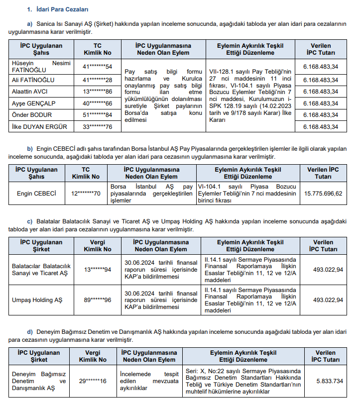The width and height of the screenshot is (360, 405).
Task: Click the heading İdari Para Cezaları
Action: tap(62, 9)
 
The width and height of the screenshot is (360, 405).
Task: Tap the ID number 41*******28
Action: tap(98, 80)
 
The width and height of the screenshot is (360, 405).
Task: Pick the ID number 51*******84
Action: tap(98, 115)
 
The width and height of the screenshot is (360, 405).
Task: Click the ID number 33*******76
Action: tap(98, 127)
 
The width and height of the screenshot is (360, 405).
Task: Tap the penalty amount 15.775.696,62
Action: tap(324, 194)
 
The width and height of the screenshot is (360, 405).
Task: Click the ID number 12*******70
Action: tap(86, 194)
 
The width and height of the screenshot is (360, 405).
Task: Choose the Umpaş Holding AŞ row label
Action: tap(37, 300)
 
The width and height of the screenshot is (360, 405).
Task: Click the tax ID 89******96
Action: tap(98, 300)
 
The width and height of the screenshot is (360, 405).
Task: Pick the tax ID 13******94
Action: tap(98, 270)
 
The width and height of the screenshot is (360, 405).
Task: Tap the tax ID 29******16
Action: tap(93, 381)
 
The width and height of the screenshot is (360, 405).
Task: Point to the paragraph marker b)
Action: tap(30, 149)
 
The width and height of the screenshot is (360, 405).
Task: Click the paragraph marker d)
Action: tap(30, 332)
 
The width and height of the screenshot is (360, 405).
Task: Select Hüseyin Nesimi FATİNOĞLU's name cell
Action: tap(40, 66)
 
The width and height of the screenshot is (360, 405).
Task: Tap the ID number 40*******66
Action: tap(98, 103)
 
